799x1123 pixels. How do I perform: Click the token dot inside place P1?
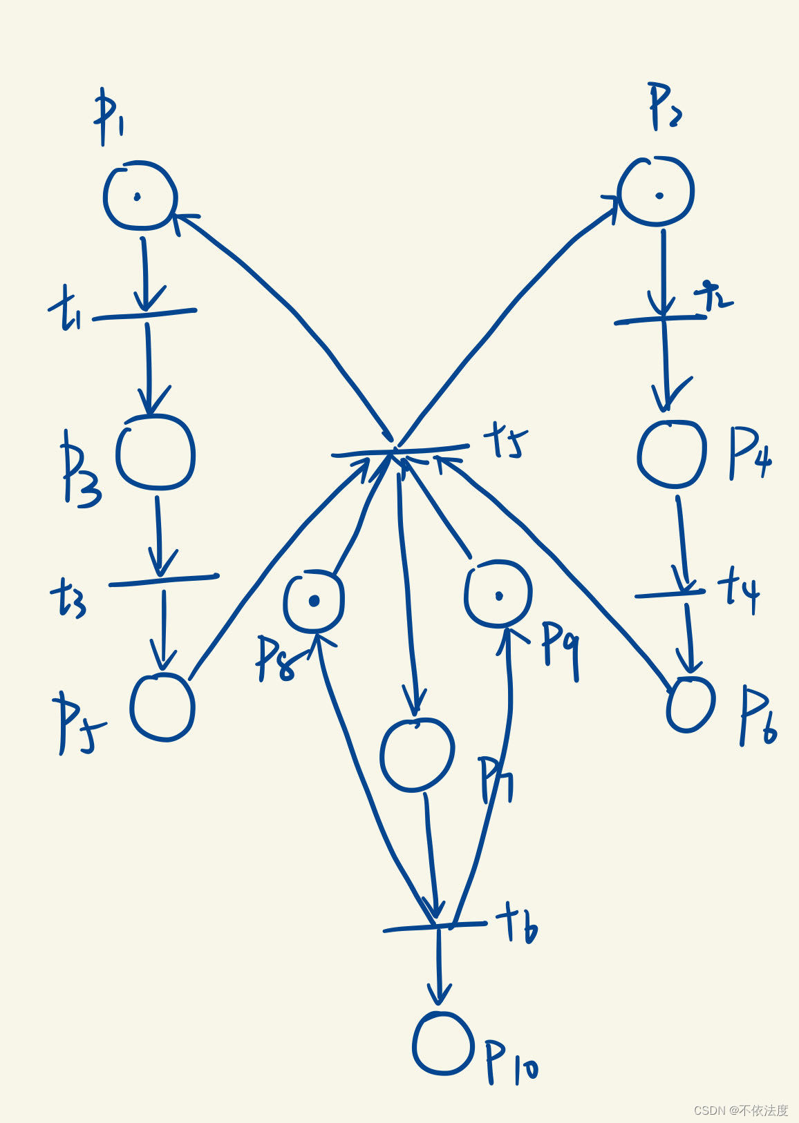[x=138, y=197]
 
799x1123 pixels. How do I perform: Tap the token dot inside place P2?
[x=659, y=195]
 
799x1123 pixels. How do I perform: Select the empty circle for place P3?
[x=156, y=454]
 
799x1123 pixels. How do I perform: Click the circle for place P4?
[x=671, y=454]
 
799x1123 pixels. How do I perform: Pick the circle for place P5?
[x=162, y=707]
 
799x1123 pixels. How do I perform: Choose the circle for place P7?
[x=417, y=754]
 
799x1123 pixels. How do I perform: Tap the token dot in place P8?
[x=314, y=601]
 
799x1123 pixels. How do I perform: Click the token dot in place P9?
[x=498, y=596]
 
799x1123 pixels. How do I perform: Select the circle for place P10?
[x=443, y=1043]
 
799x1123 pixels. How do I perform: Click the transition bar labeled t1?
[x=144, y=315]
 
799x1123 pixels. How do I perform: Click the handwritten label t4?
[x=738, y=591]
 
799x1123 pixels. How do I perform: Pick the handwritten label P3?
[x=79, y=470]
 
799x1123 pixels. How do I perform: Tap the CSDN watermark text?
[x=740, y=1110]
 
